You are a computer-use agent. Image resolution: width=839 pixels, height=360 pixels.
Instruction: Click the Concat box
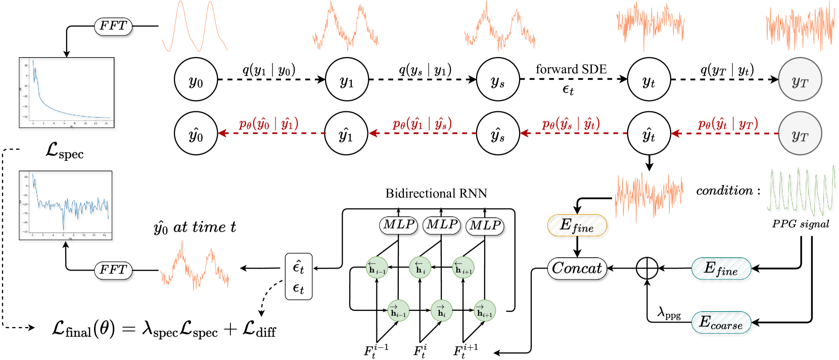pos(577,268)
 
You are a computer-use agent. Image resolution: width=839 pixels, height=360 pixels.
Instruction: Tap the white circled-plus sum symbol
pos(647,268)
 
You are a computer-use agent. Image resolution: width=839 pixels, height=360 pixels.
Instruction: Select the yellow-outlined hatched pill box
pos(577,225)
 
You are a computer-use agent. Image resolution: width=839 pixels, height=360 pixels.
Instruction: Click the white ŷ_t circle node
pos(648,133)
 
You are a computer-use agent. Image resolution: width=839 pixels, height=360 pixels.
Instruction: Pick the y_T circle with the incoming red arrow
pos(800,133)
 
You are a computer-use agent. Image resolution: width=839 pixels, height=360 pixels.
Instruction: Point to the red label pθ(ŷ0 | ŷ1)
pos(268,123)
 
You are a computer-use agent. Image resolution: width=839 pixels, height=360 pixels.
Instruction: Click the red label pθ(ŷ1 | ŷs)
pos(422,123)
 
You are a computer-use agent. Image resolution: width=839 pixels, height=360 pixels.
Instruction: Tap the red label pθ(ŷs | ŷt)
pos(571,123)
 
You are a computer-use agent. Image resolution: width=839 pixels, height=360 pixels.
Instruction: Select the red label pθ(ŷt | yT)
pos(727,123)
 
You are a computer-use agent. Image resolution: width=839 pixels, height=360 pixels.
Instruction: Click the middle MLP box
pos(441,224)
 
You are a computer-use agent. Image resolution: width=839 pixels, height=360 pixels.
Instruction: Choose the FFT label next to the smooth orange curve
pos(113,26)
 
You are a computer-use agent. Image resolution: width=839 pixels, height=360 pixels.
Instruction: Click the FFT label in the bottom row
pos(113,270)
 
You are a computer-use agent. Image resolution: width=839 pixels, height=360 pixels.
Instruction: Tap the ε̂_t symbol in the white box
pos(298,266)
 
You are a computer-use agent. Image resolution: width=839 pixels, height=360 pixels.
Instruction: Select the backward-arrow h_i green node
pos(420,267)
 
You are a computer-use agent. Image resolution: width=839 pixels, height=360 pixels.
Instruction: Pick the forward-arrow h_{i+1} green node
pos(484,310)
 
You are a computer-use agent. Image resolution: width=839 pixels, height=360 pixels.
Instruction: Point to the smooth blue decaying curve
pos(66,104)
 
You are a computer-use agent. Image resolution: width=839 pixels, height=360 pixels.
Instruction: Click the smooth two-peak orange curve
pos(195,28)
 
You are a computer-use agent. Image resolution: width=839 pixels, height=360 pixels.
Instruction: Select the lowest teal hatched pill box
pos(721,322)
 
